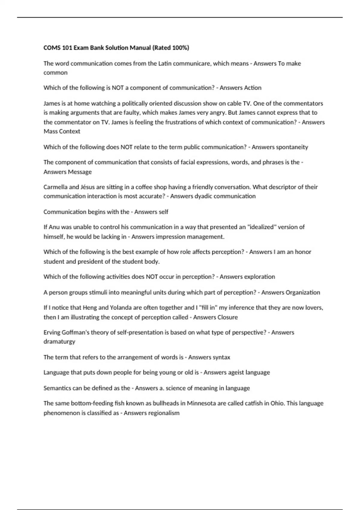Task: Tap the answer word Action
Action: [253, 88]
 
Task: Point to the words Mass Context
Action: [62, 131]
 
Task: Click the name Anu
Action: [54, 227]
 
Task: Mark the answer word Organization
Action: [303, 292]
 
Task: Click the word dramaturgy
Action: [59, 342]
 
